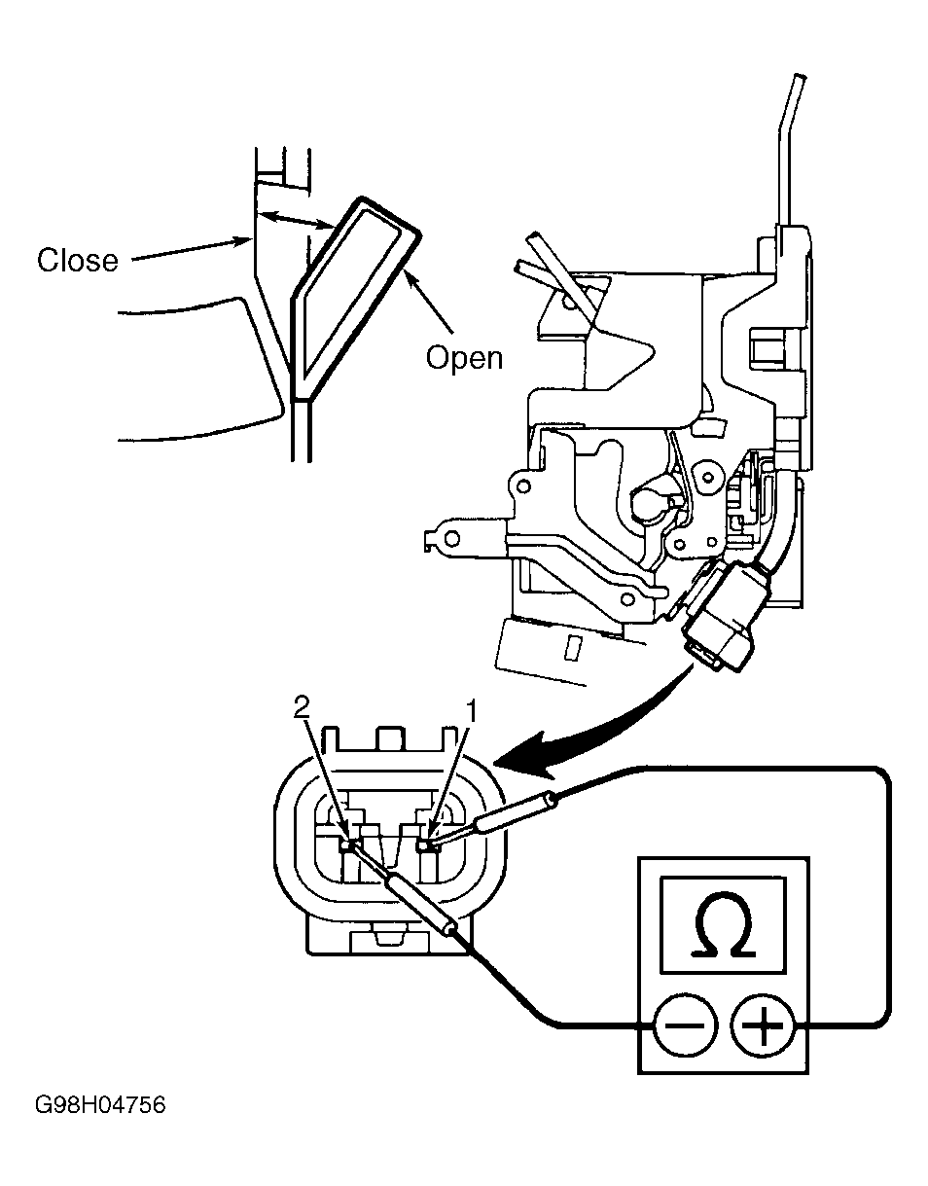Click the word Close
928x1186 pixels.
(78, 260)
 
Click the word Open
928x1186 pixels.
(464, 360)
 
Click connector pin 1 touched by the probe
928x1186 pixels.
(423, 845)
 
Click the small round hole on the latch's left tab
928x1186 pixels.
(452, 539)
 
